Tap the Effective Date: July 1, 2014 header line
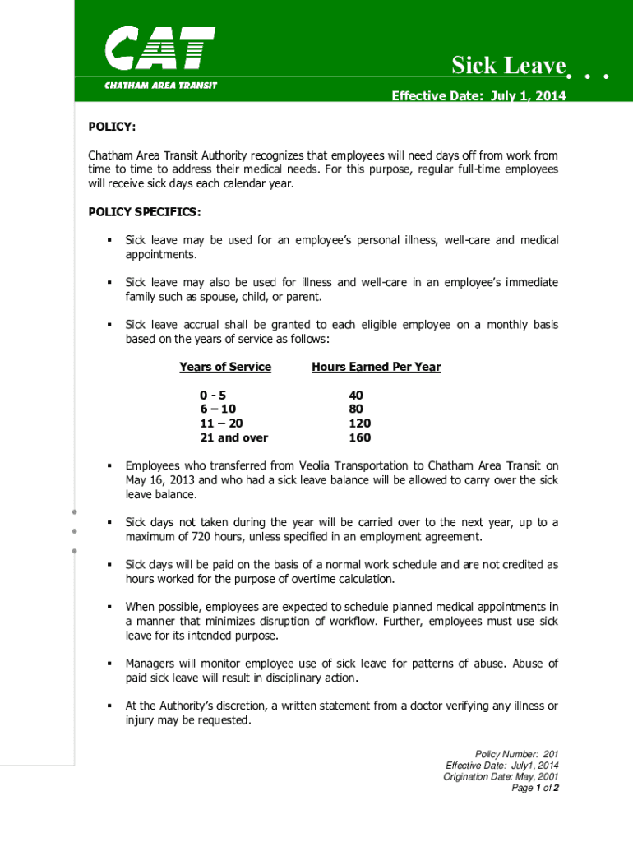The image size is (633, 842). (478, 96)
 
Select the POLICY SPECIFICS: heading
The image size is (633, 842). (144, 212)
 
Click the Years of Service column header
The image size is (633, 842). (225, 367)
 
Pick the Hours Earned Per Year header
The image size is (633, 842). (377, 367)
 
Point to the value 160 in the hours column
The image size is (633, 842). (359, 437)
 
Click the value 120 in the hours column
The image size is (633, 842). (359, 423)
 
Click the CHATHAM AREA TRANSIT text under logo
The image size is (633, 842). (160, 86)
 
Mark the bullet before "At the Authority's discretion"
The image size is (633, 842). (108, 706)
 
